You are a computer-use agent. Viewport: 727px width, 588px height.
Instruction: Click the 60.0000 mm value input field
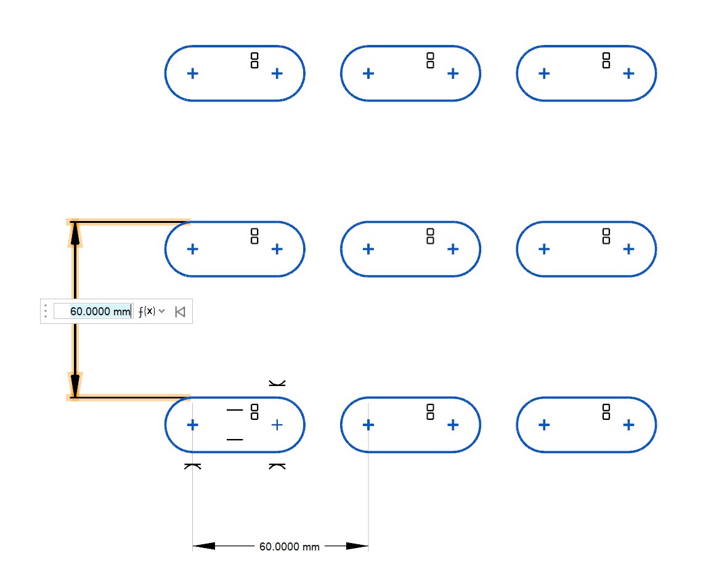click(92, 312)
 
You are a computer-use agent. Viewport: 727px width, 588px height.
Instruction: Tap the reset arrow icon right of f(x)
click(179, 312)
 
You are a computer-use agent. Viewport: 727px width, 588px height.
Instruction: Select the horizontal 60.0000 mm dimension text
click(289, 547)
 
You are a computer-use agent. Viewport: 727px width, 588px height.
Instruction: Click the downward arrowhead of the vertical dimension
click(75, 384)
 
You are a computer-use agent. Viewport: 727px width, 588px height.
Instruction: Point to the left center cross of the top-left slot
click(192, 74)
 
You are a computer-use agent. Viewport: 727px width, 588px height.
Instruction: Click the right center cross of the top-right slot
click(628, 74)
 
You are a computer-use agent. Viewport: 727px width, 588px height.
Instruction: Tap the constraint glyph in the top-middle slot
click(430, 60)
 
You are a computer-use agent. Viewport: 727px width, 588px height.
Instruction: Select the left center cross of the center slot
click(368, 249)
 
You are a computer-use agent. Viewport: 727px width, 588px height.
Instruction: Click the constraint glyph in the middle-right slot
click(606, 236)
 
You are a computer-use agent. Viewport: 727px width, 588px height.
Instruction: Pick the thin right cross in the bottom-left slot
click(277, 425)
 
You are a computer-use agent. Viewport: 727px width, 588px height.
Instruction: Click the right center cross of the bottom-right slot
click(628, 425)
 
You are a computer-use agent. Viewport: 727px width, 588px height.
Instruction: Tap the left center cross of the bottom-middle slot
click(368, 425)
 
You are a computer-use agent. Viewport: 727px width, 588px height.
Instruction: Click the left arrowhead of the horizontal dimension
click(203, 546)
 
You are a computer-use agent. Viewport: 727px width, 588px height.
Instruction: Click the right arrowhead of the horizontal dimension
click(357, 546)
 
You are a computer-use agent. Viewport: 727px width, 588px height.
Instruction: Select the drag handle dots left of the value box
click(46, 312)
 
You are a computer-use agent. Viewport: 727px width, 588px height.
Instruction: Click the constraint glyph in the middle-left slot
click(254, 236)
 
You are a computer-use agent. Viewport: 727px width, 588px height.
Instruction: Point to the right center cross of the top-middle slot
click(453, 74)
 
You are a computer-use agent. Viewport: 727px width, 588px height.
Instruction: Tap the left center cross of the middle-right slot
click(543, 249)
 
